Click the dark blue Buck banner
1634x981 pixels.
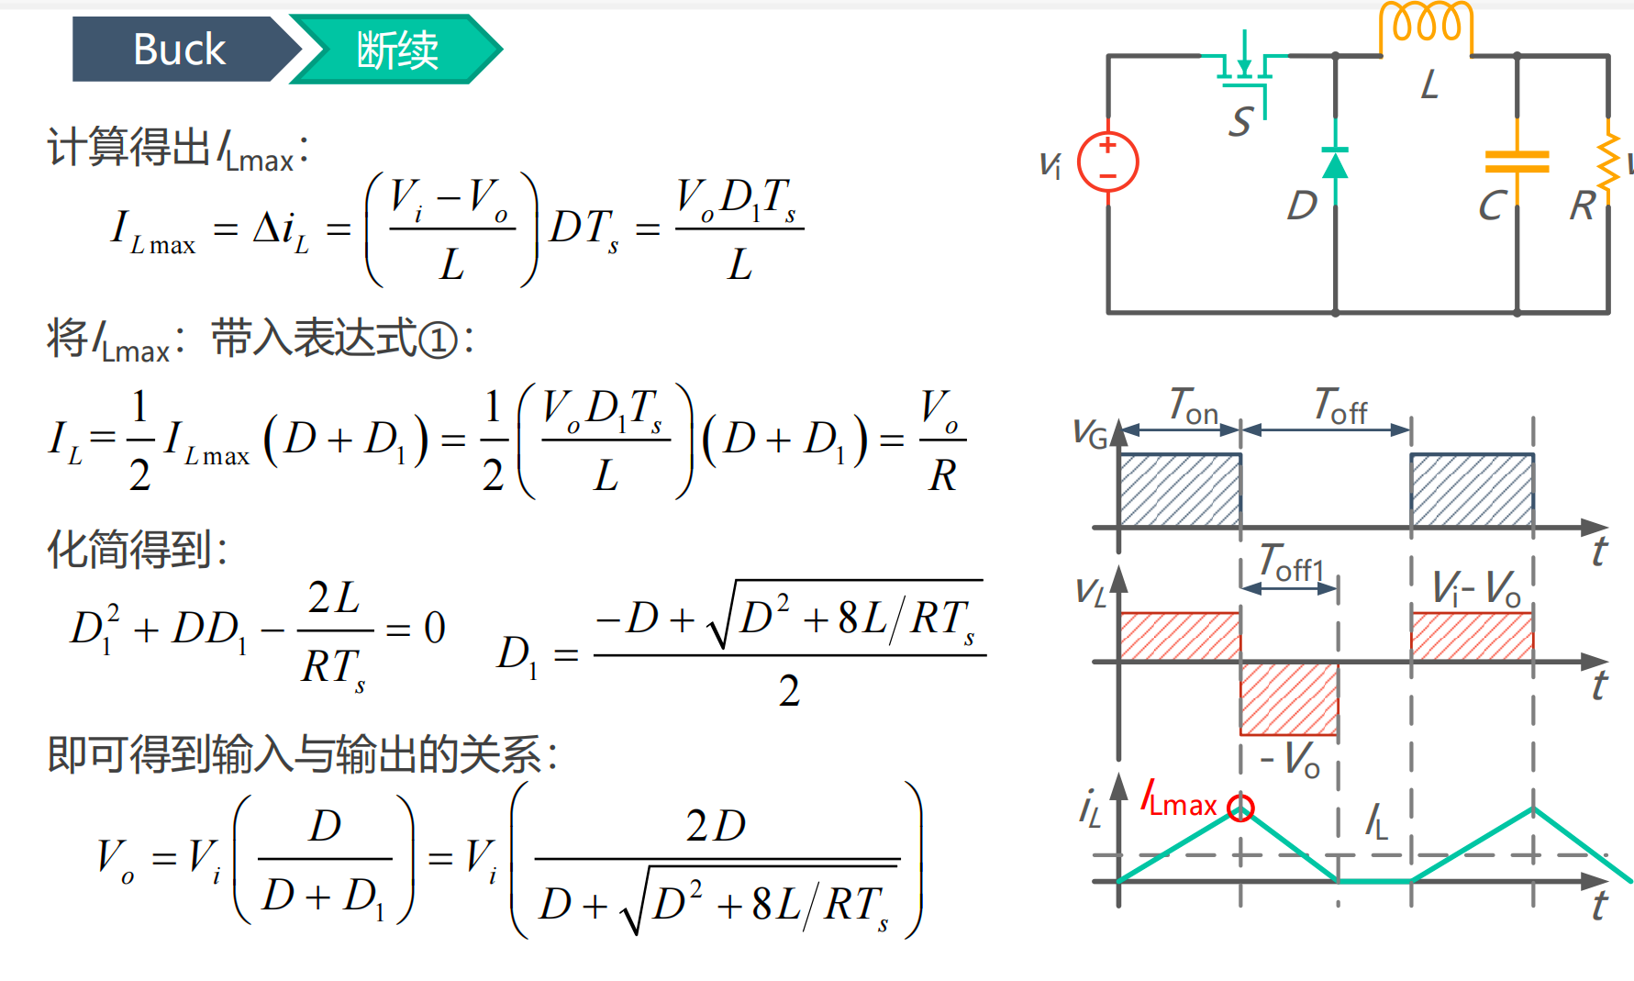point(179,50)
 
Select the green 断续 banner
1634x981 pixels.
point(396,50)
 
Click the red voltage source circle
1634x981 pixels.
point(1107,162)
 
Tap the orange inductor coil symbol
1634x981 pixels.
point(1426,23)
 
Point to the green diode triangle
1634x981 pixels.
point(1335,165)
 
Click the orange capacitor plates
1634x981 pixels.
point(1517,162)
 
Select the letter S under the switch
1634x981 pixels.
point(1241,121)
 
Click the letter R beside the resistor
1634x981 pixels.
point(1583,206)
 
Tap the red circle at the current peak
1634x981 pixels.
point(1240,808)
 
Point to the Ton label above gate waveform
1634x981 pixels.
point(1193,406)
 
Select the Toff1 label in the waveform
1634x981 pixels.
point(1291,563)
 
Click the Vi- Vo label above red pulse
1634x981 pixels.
point(1475,588)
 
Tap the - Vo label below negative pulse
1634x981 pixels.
point(1290,760)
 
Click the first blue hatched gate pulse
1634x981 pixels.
point(1180,490)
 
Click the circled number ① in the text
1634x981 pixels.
point(438,340)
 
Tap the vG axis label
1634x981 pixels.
point(1090,433)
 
